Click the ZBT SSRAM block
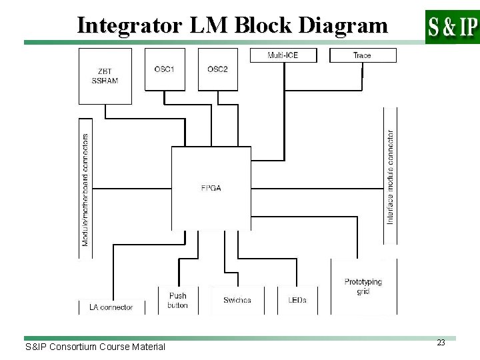pos(105,76)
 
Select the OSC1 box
pos(164,69)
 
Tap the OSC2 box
pos(217,69)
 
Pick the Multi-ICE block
pos(283,55)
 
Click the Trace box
pos(363,55)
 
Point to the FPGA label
pos(212,189)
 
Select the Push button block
pos(178,300)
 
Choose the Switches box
pos(237,300)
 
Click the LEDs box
pos(297,300)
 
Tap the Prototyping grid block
pos(363,286)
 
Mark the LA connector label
pos(111,307)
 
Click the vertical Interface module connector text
pos(390,177)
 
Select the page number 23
pos(441,342)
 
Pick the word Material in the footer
pos(148,347)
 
